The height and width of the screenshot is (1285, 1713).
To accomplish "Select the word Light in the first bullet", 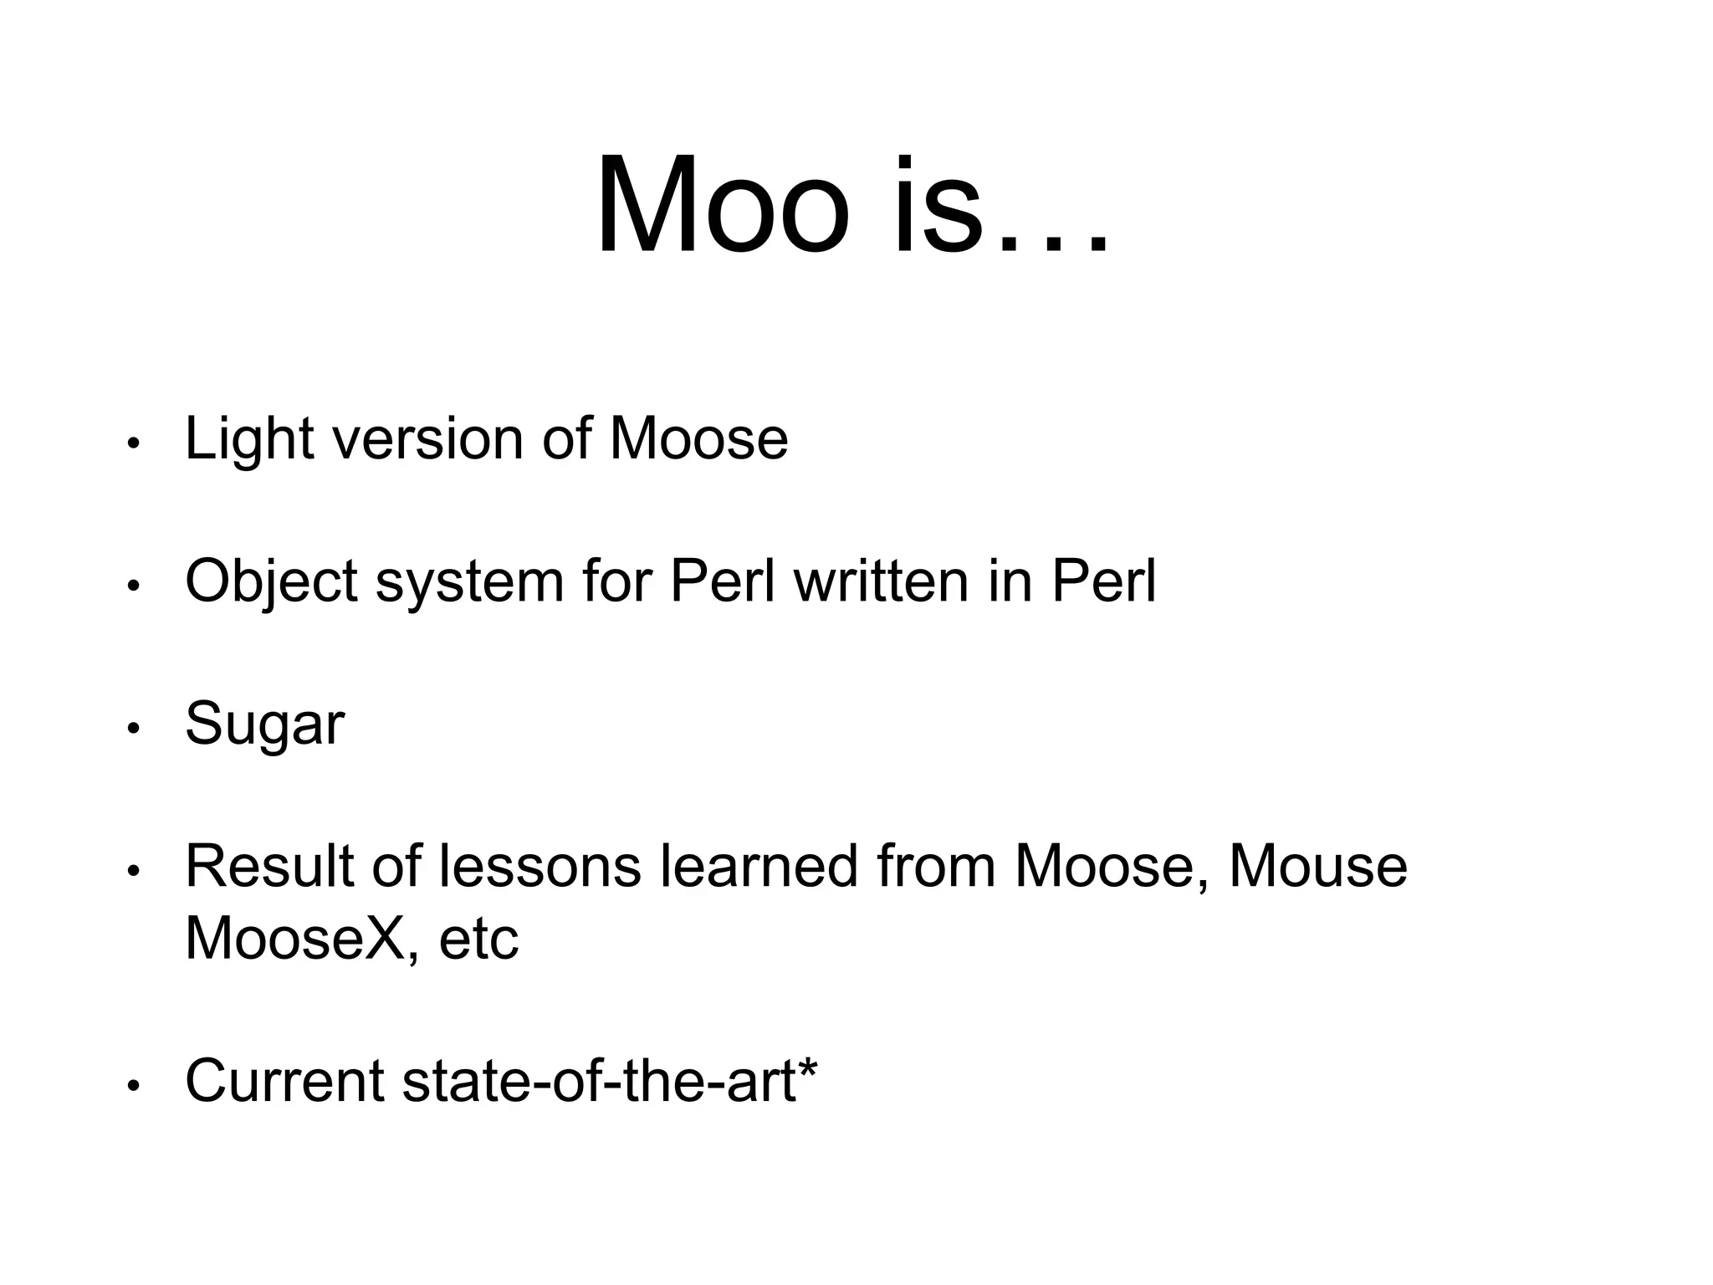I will click(248, 439).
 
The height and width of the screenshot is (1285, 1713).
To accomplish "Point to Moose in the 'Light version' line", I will click(698, 439).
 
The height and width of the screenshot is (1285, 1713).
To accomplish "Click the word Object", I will click(271, 582).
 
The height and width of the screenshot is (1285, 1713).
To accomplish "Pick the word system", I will click(469, 582).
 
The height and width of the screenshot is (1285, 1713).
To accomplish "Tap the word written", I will click(881, 581).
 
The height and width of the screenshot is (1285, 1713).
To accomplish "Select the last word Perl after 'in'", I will click(1104, 581).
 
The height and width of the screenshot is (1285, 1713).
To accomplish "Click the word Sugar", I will click(264, 724).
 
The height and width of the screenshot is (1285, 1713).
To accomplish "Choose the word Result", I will click(269, 867).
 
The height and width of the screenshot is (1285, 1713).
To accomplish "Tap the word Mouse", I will click(1318, 867).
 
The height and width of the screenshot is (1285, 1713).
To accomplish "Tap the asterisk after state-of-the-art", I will click(809, 1067).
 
